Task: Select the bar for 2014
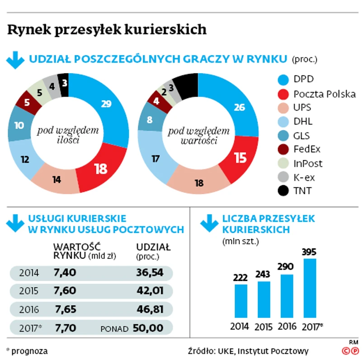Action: [x=241, y=300]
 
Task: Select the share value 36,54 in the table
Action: [x=149, y=273]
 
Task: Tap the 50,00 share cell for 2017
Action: [x=148, y=327]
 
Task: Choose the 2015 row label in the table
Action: [x=29, y=291]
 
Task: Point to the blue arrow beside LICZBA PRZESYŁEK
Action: [x=209, y=222]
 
